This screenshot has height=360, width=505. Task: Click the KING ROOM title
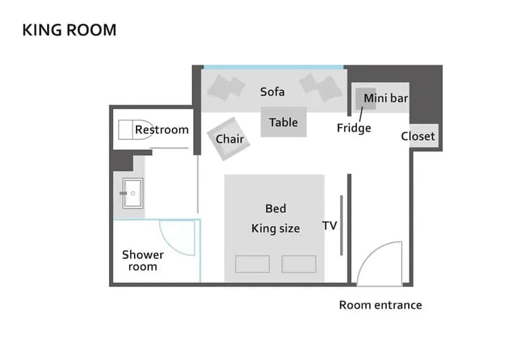click(x=69, y=30)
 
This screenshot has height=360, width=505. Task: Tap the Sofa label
click(x=273, y=92)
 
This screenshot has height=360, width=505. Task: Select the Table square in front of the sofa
click(x=283, y=122)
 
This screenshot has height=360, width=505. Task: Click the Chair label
click(x=230, y=139)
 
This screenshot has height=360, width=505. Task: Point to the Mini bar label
click(x=386, y=98)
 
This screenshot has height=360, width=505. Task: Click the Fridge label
click(x=354, y=127)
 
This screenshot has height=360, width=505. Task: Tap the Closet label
click(x=418, y=136)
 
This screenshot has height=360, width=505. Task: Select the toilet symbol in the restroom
click(x=128, y=129)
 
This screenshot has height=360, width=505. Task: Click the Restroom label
click(x=162, y=129)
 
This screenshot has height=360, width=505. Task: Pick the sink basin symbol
click(x=131, y=193)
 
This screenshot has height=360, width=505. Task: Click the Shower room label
click(x=143, y=260)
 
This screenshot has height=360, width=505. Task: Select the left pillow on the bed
click(x=252, y=264)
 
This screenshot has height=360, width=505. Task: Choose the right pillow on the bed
click(x=299, y=264)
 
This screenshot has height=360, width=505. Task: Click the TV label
click(x=329, y=225)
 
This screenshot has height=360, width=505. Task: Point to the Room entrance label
click(x=380, y=305)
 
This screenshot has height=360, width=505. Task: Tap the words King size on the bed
click(x=275, y=229)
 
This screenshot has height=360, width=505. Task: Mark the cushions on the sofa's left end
click(x=226, y=87)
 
